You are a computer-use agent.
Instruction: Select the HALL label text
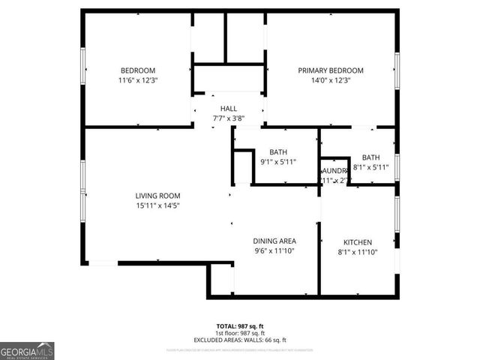[229, 109]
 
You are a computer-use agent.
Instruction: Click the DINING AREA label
[274, 241]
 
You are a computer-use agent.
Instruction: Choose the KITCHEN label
[358, 243]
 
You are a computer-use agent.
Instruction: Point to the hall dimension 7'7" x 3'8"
[229, 118]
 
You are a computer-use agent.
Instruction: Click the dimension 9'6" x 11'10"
[274, 251]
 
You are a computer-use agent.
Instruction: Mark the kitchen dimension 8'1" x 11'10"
[358, 252]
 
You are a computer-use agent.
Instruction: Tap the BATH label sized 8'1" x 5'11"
[371, 157]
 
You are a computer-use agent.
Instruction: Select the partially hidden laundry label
[335, 172]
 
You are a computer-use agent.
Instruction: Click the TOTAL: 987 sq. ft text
[240, 326]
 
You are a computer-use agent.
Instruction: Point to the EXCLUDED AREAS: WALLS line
[240, 339]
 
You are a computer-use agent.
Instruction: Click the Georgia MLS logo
[27, 350]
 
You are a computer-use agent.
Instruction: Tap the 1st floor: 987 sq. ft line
[240, 333]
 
